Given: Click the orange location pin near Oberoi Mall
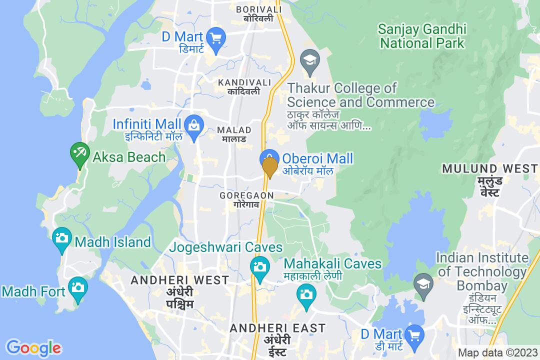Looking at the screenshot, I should tap(270, 166).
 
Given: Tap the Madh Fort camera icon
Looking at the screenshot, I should tap(77, 287).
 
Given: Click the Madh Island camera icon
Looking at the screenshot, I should tap(62, 236).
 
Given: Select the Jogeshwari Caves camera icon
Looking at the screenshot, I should tap(259, 265).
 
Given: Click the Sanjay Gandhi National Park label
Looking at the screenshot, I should tap(422, 35).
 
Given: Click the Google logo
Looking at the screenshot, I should tap(33, 347).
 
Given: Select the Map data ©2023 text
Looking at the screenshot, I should tap(497, 352).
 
